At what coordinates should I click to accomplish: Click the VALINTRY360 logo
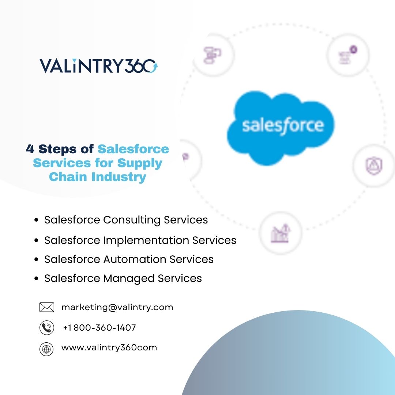click(98, 66)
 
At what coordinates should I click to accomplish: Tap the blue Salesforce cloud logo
click(281, 128)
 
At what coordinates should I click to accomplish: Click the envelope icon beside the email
click(46, 307)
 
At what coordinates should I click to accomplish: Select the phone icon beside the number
click(46, 328)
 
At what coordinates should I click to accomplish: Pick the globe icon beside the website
click(46, 349)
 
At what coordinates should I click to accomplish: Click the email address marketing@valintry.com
click(117, 308)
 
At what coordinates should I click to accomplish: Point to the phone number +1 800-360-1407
click(99, 328)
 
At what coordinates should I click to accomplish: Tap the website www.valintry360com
click(109, 348)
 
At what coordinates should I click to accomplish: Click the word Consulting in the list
click(132, 220)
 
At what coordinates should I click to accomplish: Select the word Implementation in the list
click(146, 240)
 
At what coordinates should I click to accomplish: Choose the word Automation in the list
click(135, 259)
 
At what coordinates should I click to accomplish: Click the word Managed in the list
click(129, 279)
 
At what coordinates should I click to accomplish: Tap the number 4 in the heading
click(30, 149)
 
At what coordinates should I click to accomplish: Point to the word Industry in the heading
click(119, 177)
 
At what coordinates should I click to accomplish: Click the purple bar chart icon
click(281, 233)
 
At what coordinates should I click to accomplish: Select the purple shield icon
click(374, 166)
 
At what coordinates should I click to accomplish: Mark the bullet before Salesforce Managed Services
click(36, 279)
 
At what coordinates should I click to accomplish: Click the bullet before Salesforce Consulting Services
click(36, 220)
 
